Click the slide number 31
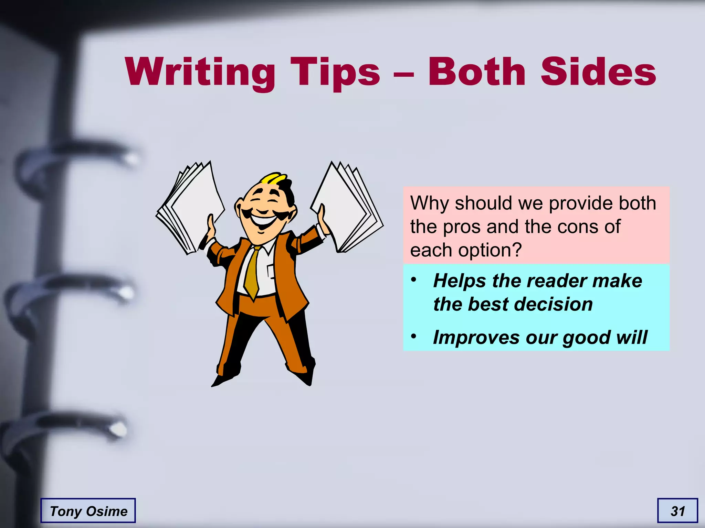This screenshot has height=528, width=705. (x=677, y=511)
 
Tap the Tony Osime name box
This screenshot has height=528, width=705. (x=88, y=511)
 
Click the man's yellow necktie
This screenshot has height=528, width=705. (x=253, y=272)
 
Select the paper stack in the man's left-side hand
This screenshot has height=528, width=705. (x=191, y=206)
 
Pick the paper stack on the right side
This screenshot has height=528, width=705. (x=346, y=206)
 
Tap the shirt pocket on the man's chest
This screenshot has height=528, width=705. (x=271, y=272)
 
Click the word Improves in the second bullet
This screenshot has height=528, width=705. (x=476, y=337)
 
